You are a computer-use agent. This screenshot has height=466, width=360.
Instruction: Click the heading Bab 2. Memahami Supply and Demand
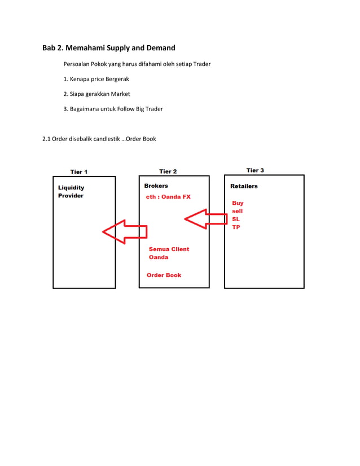click(109, 47)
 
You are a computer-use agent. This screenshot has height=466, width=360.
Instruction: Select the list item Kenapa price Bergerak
click(96, 79)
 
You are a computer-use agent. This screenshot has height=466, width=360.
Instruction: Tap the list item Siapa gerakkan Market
click(96, 94)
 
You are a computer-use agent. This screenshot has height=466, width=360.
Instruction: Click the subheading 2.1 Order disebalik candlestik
click(99, 139)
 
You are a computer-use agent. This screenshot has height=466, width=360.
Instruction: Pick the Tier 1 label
click(78, 172)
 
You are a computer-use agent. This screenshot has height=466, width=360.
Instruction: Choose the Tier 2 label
click(168, 171)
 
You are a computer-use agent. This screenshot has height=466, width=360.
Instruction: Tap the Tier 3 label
click(255, 170)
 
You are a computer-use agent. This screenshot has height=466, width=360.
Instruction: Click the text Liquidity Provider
click(71, 191)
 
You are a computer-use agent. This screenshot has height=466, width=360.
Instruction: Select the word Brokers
click(156, 186)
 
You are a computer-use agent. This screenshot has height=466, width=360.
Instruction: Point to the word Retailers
click(244, 186)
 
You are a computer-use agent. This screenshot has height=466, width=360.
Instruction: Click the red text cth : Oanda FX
click(168, 197)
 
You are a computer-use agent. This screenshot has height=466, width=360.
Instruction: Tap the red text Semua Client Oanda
click(169, 253)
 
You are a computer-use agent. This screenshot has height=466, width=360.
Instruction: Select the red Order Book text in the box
click(164, 275)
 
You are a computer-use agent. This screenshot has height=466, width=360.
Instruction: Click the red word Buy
click(238, 203)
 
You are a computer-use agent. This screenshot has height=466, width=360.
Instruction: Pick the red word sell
click(238, 211)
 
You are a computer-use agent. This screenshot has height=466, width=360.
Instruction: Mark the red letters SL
click(236, 219)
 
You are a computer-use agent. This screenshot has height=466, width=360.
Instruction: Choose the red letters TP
click(236, 227)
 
